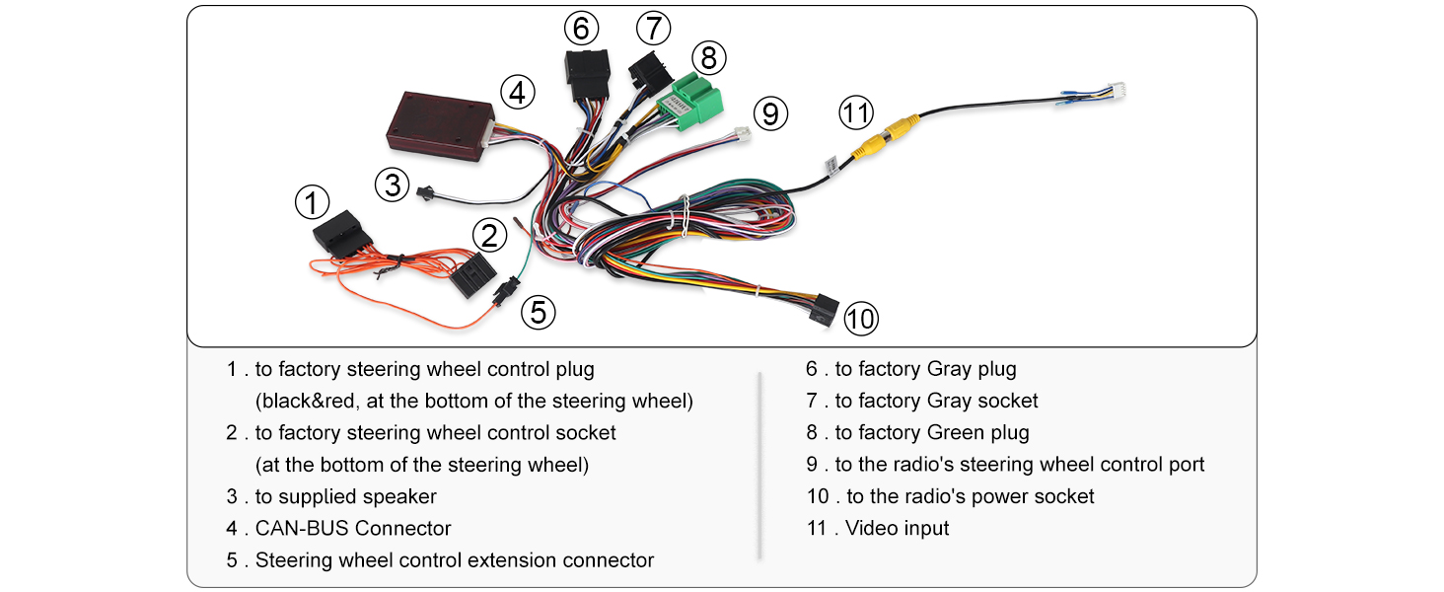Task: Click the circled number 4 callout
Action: click(x=518, y=92)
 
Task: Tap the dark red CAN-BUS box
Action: click(x=440, y=126)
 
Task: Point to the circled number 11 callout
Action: click(x=856, y=112)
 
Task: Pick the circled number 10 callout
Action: click(x=861, y=319)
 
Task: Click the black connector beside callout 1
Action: click(x=342, y=234)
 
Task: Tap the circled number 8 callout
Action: click(x=708, y=58)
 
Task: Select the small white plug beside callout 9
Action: click(x=744, y=134)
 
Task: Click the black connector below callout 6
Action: click(x=587, y=74)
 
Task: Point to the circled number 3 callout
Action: click(x=392, y=185)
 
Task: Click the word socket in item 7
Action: click(x=1008, y=402)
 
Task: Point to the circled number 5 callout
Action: click(x=539, y=313)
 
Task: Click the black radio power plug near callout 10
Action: click(x=824, y=310)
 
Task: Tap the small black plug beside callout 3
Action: click(x=425, y=192)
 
